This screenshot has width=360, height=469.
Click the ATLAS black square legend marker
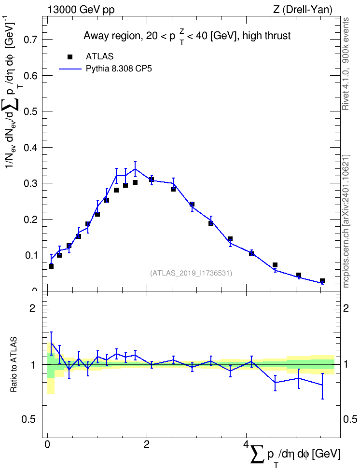click(x=70, y=57)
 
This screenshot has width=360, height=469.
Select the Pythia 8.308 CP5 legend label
click(x=119, y=69)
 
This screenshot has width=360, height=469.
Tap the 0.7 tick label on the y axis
click(x=32, y=40)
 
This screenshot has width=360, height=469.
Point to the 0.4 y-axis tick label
click(x=32, y=148)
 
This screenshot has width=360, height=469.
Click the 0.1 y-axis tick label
click(x=32, y=255)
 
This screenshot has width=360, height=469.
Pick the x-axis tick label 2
click(x=147, y=444)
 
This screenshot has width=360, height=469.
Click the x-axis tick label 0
click(x=47, y=444)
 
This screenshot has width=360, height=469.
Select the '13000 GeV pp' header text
click(x=81, y=10)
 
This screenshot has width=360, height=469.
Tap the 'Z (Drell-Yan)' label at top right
click(x=303, y=10)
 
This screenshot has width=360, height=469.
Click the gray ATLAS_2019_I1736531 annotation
click(x=191, y=273)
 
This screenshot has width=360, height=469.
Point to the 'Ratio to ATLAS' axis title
click(x=14, y=364)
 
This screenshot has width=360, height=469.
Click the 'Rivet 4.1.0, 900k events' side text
click(x=346, y=64)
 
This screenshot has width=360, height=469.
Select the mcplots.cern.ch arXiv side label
click(x=346, y=221)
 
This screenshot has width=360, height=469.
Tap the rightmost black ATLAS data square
click(x=322, y=281)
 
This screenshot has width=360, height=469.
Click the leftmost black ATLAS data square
click(x=51, y=266)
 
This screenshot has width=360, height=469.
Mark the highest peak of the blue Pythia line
click(x=135, y=169)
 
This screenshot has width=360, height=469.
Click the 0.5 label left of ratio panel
click(x=29, y=420)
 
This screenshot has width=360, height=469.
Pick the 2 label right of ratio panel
click(x=346, y=308)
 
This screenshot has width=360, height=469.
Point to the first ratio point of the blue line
click(x=51, y=343)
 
